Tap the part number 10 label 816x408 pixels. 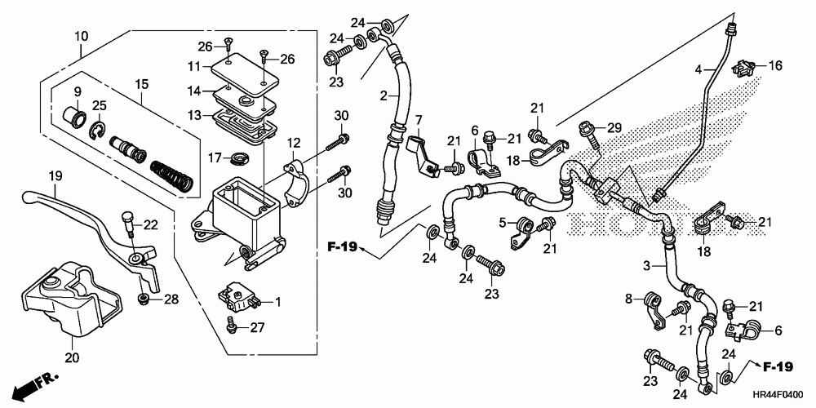(x=81, y=36)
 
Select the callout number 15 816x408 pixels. (x=143, y=84)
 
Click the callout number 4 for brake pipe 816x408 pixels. (x=698, y=68)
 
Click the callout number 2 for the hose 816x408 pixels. (x=383, y=95)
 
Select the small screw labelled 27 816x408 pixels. (x=233, y=326)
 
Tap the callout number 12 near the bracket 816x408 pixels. (x=294, y=142)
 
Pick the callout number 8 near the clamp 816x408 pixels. (x=629, y=299)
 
